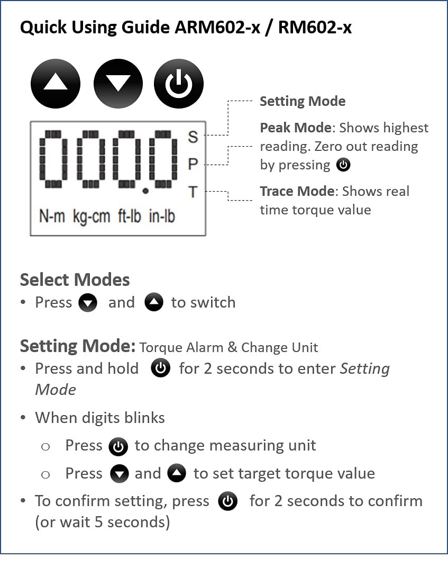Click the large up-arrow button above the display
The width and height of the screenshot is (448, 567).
(x=56, y=84)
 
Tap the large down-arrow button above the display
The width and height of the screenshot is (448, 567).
(x=118, y=84)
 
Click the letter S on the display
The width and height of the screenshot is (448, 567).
(x=193, y=137)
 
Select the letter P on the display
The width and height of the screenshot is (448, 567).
(x=193, y=165)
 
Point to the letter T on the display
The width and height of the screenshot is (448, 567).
(x=193, y=192)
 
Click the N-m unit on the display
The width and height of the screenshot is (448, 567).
(x=52, y=216)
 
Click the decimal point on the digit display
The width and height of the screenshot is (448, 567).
(x=145, y=191)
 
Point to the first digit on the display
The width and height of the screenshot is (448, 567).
(x=53, y=159)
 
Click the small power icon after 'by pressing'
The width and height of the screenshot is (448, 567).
(x=343, y=165)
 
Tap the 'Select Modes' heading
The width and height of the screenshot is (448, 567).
(x=75, y=280)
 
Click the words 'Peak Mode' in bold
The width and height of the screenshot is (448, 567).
(x=296, y=128)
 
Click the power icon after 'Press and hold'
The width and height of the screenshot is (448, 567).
(x=160, y=368)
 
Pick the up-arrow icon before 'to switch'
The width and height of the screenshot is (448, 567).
(x=154, y=302)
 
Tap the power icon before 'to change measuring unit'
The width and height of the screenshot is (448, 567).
(x=118, y=447)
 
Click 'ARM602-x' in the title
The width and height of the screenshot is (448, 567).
(x=217, y=28)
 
